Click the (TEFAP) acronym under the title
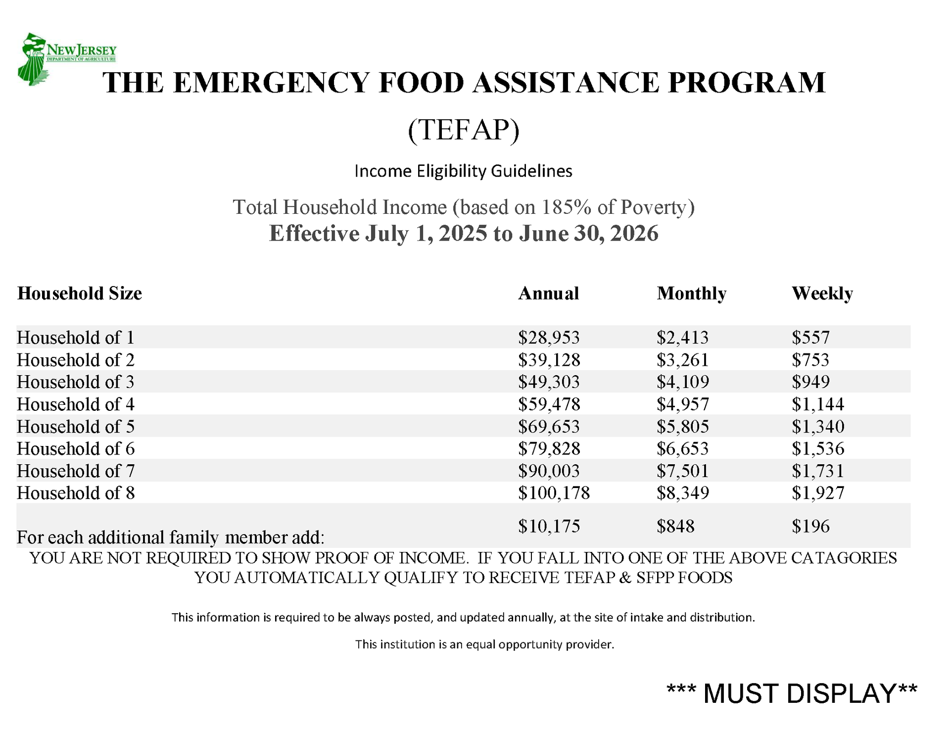point(464,130)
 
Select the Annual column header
point(548,294)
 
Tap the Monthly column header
point(691,294)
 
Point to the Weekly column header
point(822,294)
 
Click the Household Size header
point(80,294)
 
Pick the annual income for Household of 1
point(549,338)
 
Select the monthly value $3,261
point(683,360)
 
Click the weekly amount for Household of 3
point(810,382)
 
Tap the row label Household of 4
point(76,404)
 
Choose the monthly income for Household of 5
point(683,426)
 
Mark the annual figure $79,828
point(549,448)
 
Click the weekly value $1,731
point(817,471)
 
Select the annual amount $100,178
point(554,493)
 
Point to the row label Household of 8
point(76,493)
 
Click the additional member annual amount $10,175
point(549,526)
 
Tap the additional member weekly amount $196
point(810,526)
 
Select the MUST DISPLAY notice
point(792,693)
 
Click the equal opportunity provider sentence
point(484,644)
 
